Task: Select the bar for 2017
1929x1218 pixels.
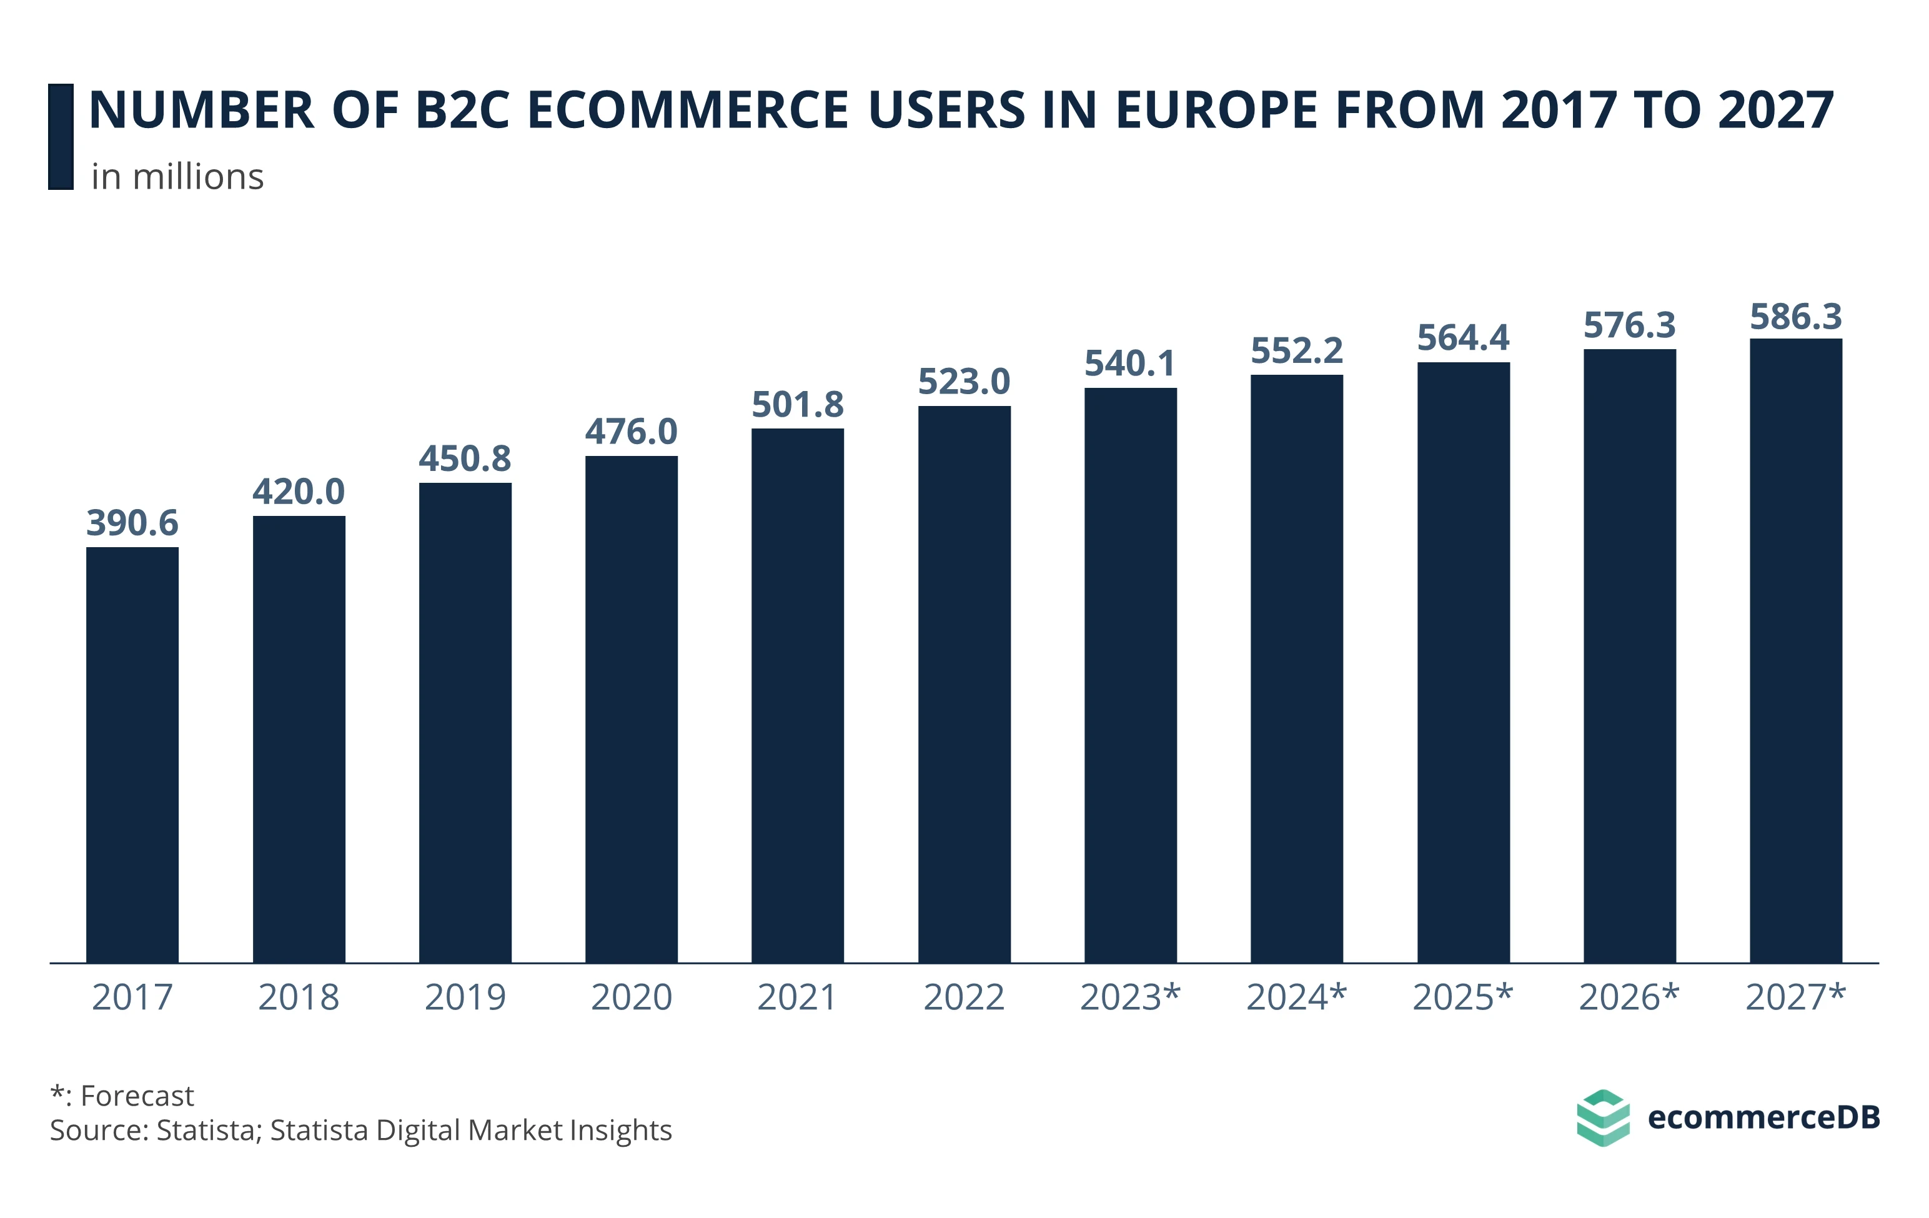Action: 132,755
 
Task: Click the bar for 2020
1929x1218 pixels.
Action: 632,709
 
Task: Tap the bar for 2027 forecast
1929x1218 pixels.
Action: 1795,650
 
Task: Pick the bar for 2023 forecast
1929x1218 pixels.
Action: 1130,675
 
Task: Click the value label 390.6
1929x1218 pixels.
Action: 132,523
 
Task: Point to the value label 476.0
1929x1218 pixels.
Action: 632,432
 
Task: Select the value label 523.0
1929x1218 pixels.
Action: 964,382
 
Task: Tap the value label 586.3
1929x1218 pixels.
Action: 1795,317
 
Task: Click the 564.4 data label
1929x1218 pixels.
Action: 1463,338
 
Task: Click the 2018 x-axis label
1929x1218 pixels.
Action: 299,998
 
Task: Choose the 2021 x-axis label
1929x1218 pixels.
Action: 797,998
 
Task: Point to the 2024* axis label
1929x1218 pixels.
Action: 1296,998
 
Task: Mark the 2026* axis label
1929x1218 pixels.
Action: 1629,998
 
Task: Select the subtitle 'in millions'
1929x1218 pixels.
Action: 177,177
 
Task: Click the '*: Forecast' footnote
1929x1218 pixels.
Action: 122,1096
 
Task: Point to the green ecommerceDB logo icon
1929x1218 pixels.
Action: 1602,1118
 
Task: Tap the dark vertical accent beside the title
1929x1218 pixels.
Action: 61,137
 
